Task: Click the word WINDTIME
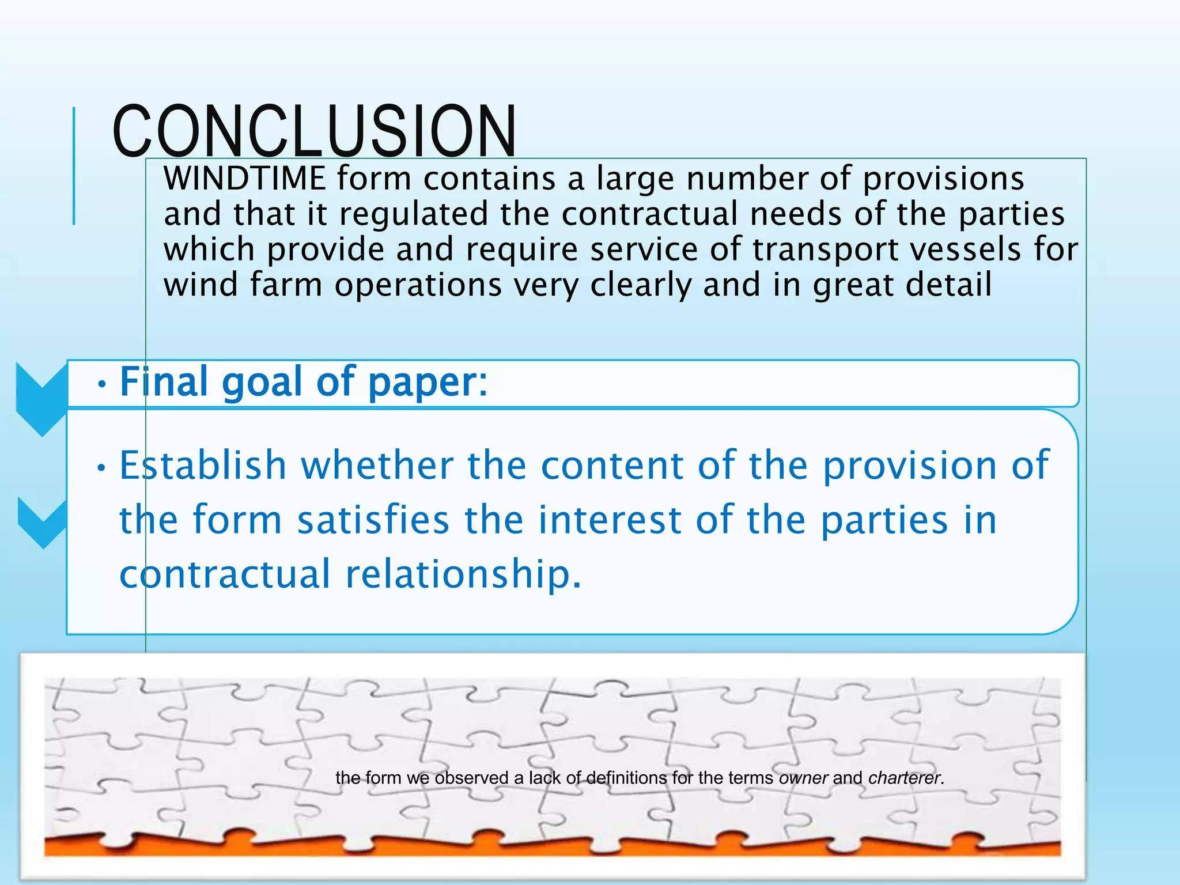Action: click(245, 178)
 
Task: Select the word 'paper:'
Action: click(428, 383)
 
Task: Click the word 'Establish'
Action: click(203, 465)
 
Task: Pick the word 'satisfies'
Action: click(373, 520)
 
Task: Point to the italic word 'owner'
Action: click(803, 778)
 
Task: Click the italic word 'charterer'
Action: click(904, 778)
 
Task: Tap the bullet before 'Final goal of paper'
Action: click(102, 385)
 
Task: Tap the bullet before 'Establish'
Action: click(102, 468)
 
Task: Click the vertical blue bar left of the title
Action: click(74, 166)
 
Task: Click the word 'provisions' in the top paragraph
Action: click(943, 178)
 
